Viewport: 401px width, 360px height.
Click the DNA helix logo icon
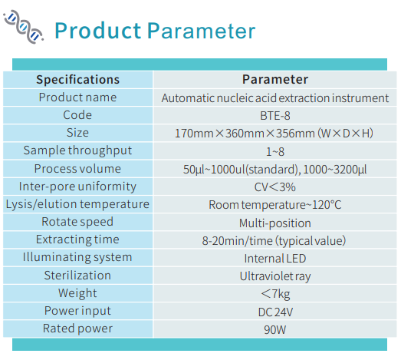pyautogui.click(x=23, y=27)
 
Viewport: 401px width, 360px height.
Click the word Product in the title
pyautogui.click(x=98, y=31)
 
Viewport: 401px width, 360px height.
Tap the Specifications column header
pyautogui.click(x=77, y=80)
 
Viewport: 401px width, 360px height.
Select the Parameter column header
pyautogui.click(x=275, y=79)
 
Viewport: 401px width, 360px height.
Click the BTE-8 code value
pyautogui.click(x=275, y=116)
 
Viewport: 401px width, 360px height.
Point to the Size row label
pyautogui.click(x=77, y=133)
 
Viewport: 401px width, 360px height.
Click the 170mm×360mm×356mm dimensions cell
pyautogui.click(x=274, y=134)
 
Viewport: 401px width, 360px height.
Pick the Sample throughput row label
pyautogui.click(x=77, y=150)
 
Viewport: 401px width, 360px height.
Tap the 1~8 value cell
pyautogui.click(x=275, y=152)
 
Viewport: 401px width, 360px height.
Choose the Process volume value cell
pyautogui.click(x=275, y=170)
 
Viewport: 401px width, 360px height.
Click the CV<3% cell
pyautogui.click(x=275, y=187)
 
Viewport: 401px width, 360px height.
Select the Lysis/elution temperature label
pyautogui.click(x=77, y=204)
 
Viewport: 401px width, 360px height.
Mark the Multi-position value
pyautogui.click(x=275, y=223)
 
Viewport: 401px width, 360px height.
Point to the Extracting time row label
pyautogui.click(x=77, y=239)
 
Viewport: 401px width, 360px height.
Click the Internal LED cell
pyautogui.click(x=275, y=259)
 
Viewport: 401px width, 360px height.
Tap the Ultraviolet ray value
pyautogui.click(x=275, y=276)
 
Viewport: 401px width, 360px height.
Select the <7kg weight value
pyautogui.click(x=275, y=294)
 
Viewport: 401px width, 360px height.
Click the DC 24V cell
pyautogui.click(x=275, y=312)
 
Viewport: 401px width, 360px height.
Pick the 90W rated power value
pyautogui.click(x=275, y=330)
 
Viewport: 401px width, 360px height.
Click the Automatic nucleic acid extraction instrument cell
pyautogui.click(x=275, y=98)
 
